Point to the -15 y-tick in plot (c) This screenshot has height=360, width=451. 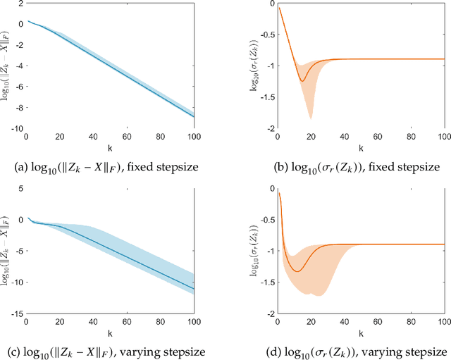(16, 314)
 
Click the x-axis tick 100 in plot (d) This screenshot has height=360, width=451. (443, 322)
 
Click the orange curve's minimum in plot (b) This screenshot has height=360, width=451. (302, 81)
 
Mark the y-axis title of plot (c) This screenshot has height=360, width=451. (6, 251)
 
